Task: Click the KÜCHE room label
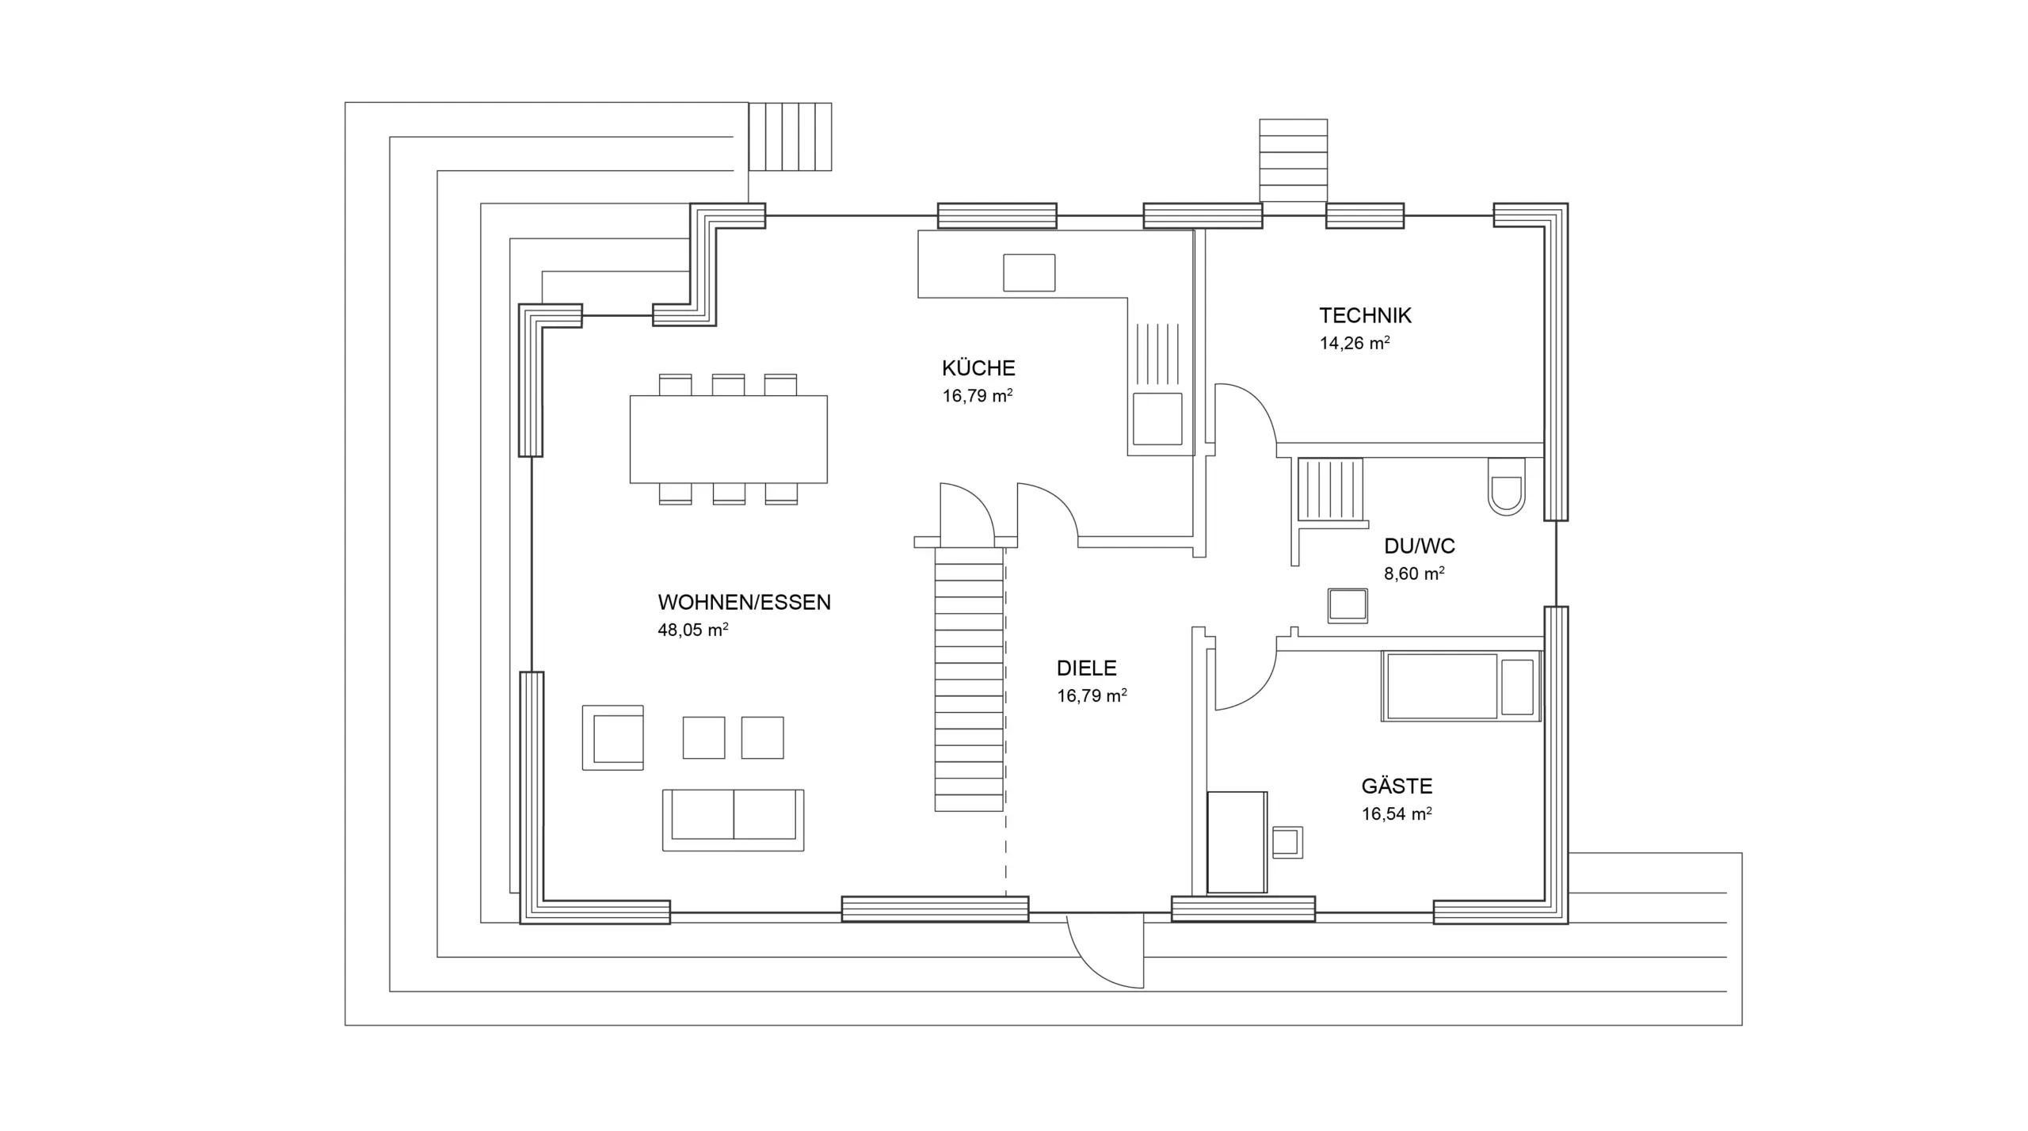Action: point(978,368)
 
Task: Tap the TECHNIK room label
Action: point(1365,315)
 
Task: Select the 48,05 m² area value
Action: point(693,630)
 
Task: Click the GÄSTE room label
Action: point(1397,786)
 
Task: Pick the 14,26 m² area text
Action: point(1355,343)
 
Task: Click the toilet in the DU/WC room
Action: point(1506,486)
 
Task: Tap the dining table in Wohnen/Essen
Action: point(728,440)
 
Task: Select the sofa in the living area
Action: point(733,820)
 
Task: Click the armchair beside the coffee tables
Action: point(612,737)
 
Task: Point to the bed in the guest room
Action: point(1461,686)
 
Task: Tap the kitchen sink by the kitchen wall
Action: point(1157,419)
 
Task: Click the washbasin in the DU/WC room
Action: point(1348,606)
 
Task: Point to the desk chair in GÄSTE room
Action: point(1287,843)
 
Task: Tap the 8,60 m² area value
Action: point(1414,573)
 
